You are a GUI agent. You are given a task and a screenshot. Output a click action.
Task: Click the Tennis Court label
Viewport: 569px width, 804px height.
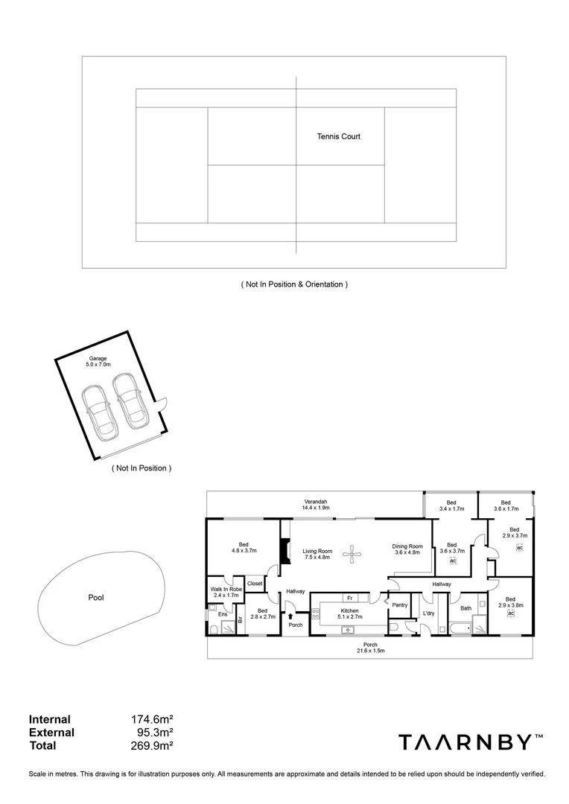[339, 137]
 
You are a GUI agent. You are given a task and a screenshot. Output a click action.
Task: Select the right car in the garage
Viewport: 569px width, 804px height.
[129, 400]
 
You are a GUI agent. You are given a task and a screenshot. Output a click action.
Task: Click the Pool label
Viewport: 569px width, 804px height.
[96, 597]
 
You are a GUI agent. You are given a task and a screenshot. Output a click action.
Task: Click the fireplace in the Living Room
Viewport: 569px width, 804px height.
[284, 552]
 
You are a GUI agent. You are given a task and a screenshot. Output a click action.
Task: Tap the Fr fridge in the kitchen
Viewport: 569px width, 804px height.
[349, 598]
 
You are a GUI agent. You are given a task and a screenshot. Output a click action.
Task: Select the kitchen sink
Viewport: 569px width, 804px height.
[347, 631]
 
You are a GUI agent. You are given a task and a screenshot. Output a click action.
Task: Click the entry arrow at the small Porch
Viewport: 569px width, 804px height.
[291, 616]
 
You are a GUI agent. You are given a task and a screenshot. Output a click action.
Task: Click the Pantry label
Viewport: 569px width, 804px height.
[399, 605]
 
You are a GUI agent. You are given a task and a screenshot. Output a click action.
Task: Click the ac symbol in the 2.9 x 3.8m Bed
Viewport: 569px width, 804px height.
[511, 613]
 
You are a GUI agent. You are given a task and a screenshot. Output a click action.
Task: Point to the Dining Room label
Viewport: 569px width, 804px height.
[407, 546]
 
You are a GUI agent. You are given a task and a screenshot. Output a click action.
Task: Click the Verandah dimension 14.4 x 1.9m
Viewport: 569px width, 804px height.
[316, 508]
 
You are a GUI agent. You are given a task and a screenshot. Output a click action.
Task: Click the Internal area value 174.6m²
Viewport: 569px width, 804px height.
[152, 720]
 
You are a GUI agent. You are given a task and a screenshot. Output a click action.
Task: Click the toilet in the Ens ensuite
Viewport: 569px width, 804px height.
[214, 630]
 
